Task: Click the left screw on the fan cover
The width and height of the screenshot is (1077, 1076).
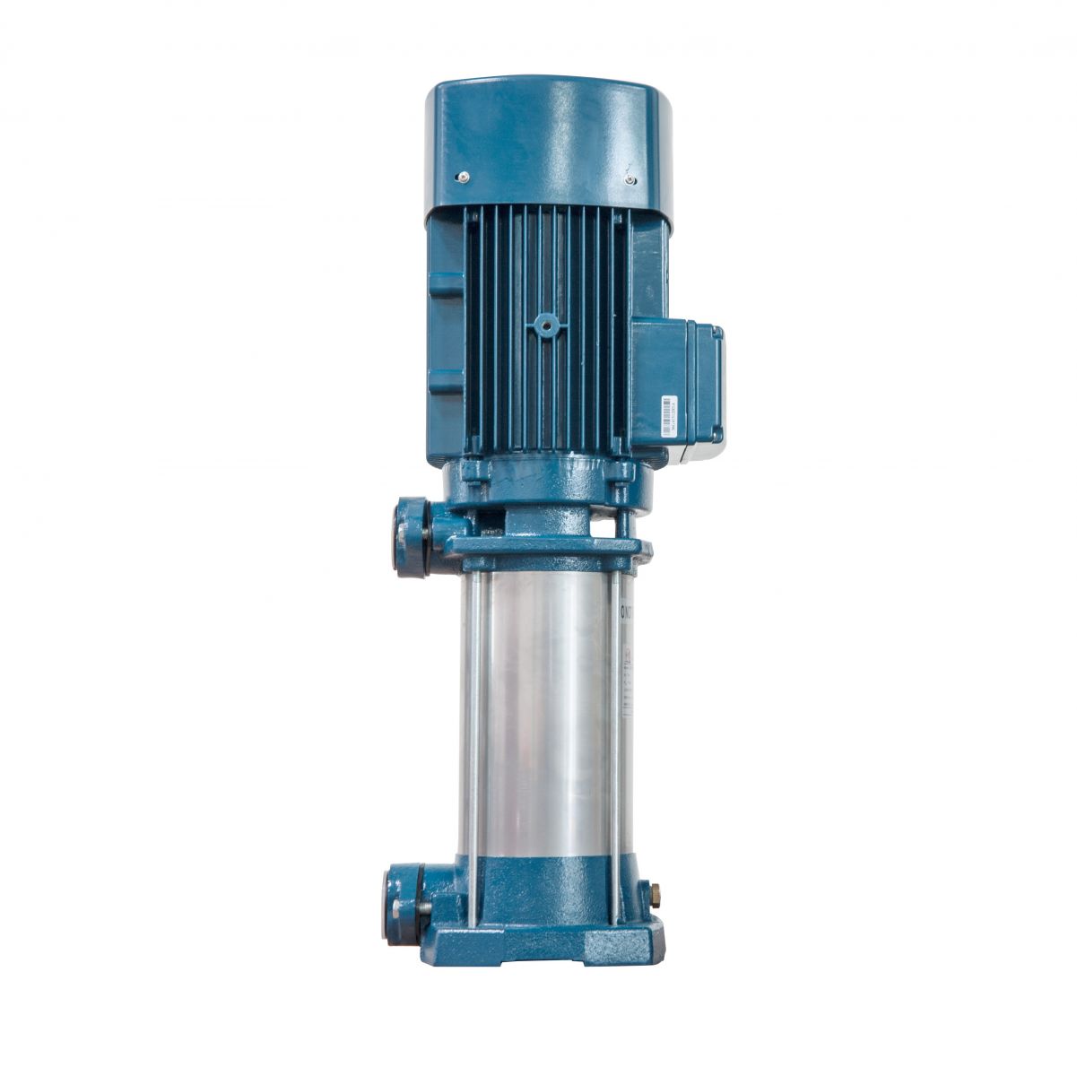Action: [463, 178]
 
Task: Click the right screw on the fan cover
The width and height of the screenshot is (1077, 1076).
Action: [631, 180]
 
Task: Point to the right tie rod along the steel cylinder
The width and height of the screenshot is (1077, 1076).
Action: [615, 717]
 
